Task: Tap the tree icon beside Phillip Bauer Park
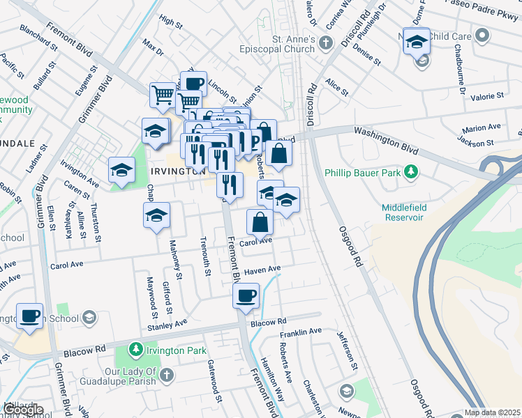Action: (412, 171)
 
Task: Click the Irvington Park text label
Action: (177, 350)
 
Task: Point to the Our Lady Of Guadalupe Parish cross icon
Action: (166, 376)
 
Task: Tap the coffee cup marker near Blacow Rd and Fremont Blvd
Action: (246, 295)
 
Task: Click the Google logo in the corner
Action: (23, 410)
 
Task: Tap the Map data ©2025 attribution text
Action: (493, 412)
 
